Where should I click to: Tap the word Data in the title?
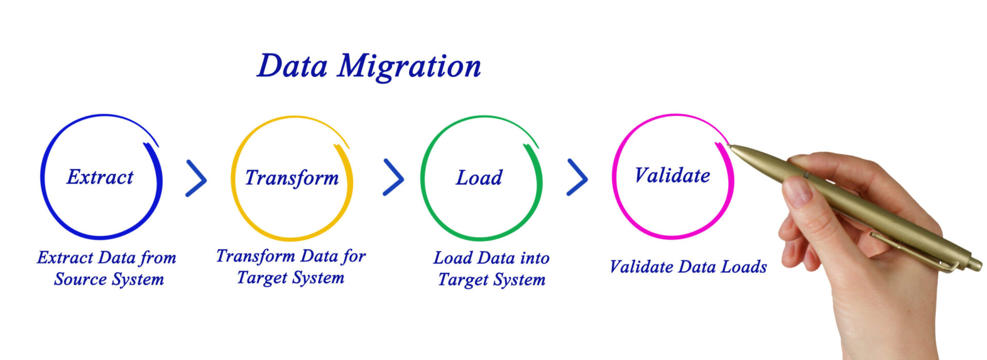click(292, 66)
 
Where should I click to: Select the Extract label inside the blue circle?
click(100, 177)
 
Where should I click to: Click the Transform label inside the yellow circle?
click(291, 178)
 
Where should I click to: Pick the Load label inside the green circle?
click(479, 178)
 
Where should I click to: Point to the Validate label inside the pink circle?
click(672, 176)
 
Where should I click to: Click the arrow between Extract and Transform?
click(196, 178)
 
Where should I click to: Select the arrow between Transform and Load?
click(394, 177)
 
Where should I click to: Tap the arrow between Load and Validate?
click(577, 177)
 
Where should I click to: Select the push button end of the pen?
click(975, 264)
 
